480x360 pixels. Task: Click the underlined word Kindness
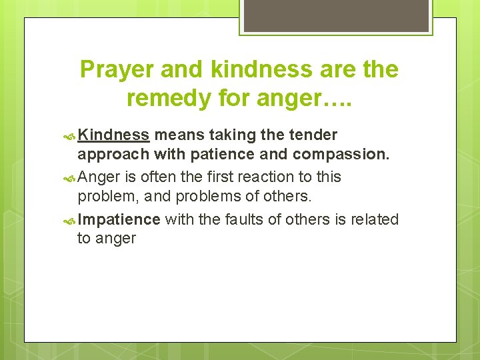[x=113, y=135]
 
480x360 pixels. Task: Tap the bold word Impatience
[x=119, y=219]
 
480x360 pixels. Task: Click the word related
[x=374, y=219]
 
